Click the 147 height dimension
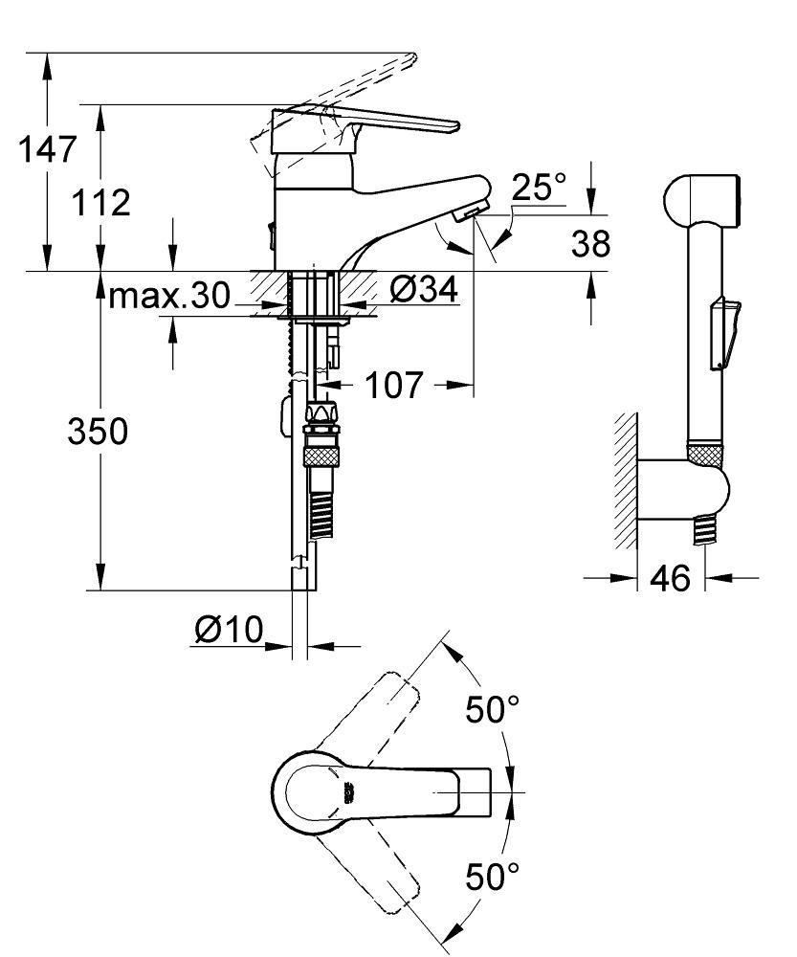(x=47, y=150)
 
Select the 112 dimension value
(x=100, y=203)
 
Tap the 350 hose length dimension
(x=97, y=433)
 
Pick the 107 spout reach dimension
(x=392, y=386)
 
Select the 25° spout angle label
(x=538, y=189)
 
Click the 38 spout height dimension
(x=590, y=244)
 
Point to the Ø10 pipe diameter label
(x=228, y=630)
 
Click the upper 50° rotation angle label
(x=493, y=710)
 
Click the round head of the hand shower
(x=700, y=200)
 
